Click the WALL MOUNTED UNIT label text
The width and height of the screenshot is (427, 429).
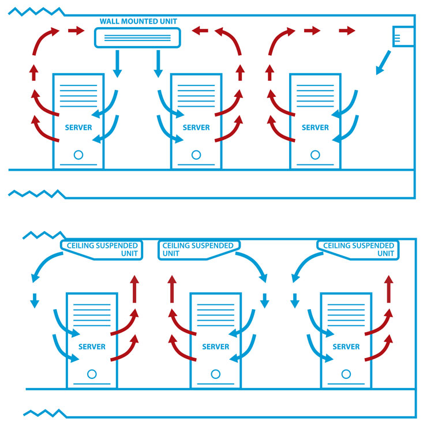pyautogui.click(x=138, y=21)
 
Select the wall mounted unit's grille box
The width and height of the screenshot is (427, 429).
pyautogui.click(x=137, y=37)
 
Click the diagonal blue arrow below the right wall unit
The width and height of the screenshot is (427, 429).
pyautogui.click(x=383, y=63)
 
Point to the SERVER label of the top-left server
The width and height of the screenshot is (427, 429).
pyautogui.click(x=78, y=127)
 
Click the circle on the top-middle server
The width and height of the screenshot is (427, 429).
pyautogui.click(x=196, y=155)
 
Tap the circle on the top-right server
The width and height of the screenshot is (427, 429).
pyautogui.click(x=315, y=155)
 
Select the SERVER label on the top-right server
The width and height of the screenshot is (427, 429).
pyautogui.click(x=315, y=127)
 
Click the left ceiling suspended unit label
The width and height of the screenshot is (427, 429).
pyautogui.click(x=100, y=249)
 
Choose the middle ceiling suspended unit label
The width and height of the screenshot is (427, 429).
pyautogui.click(x=198, y=249)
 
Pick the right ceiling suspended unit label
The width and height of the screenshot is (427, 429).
pyautogui.click(x=358, y=249)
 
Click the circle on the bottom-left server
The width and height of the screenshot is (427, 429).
pyautogui.click(x=92, y=374)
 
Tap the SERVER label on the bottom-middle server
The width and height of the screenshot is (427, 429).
pyautogui.click(x=216, y=347)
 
